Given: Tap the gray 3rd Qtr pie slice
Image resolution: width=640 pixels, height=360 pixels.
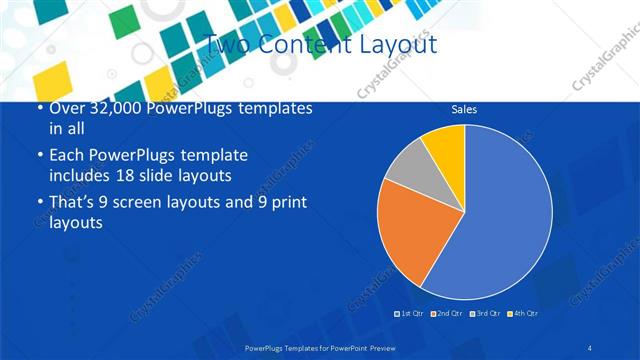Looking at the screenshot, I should click(406, 166).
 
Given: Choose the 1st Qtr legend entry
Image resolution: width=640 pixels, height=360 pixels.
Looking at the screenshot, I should click(410, 314).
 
